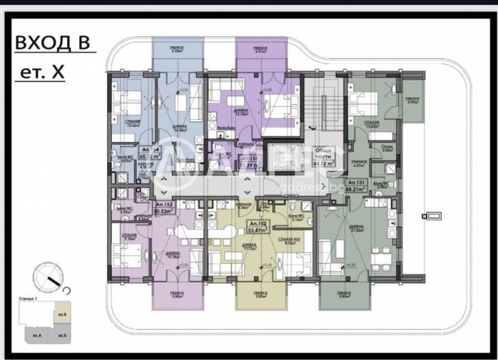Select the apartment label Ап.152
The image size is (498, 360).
[259, 224]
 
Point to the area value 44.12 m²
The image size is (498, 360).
[322, 163]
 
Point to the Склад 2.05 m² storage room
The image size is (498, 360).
[387, 148]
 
